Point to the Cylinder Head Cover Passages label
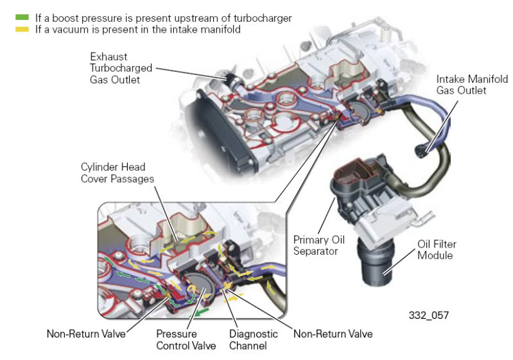click(117, 173)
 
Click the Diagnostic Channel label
click(253, 340)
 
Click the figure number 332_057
click(429, 315)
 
